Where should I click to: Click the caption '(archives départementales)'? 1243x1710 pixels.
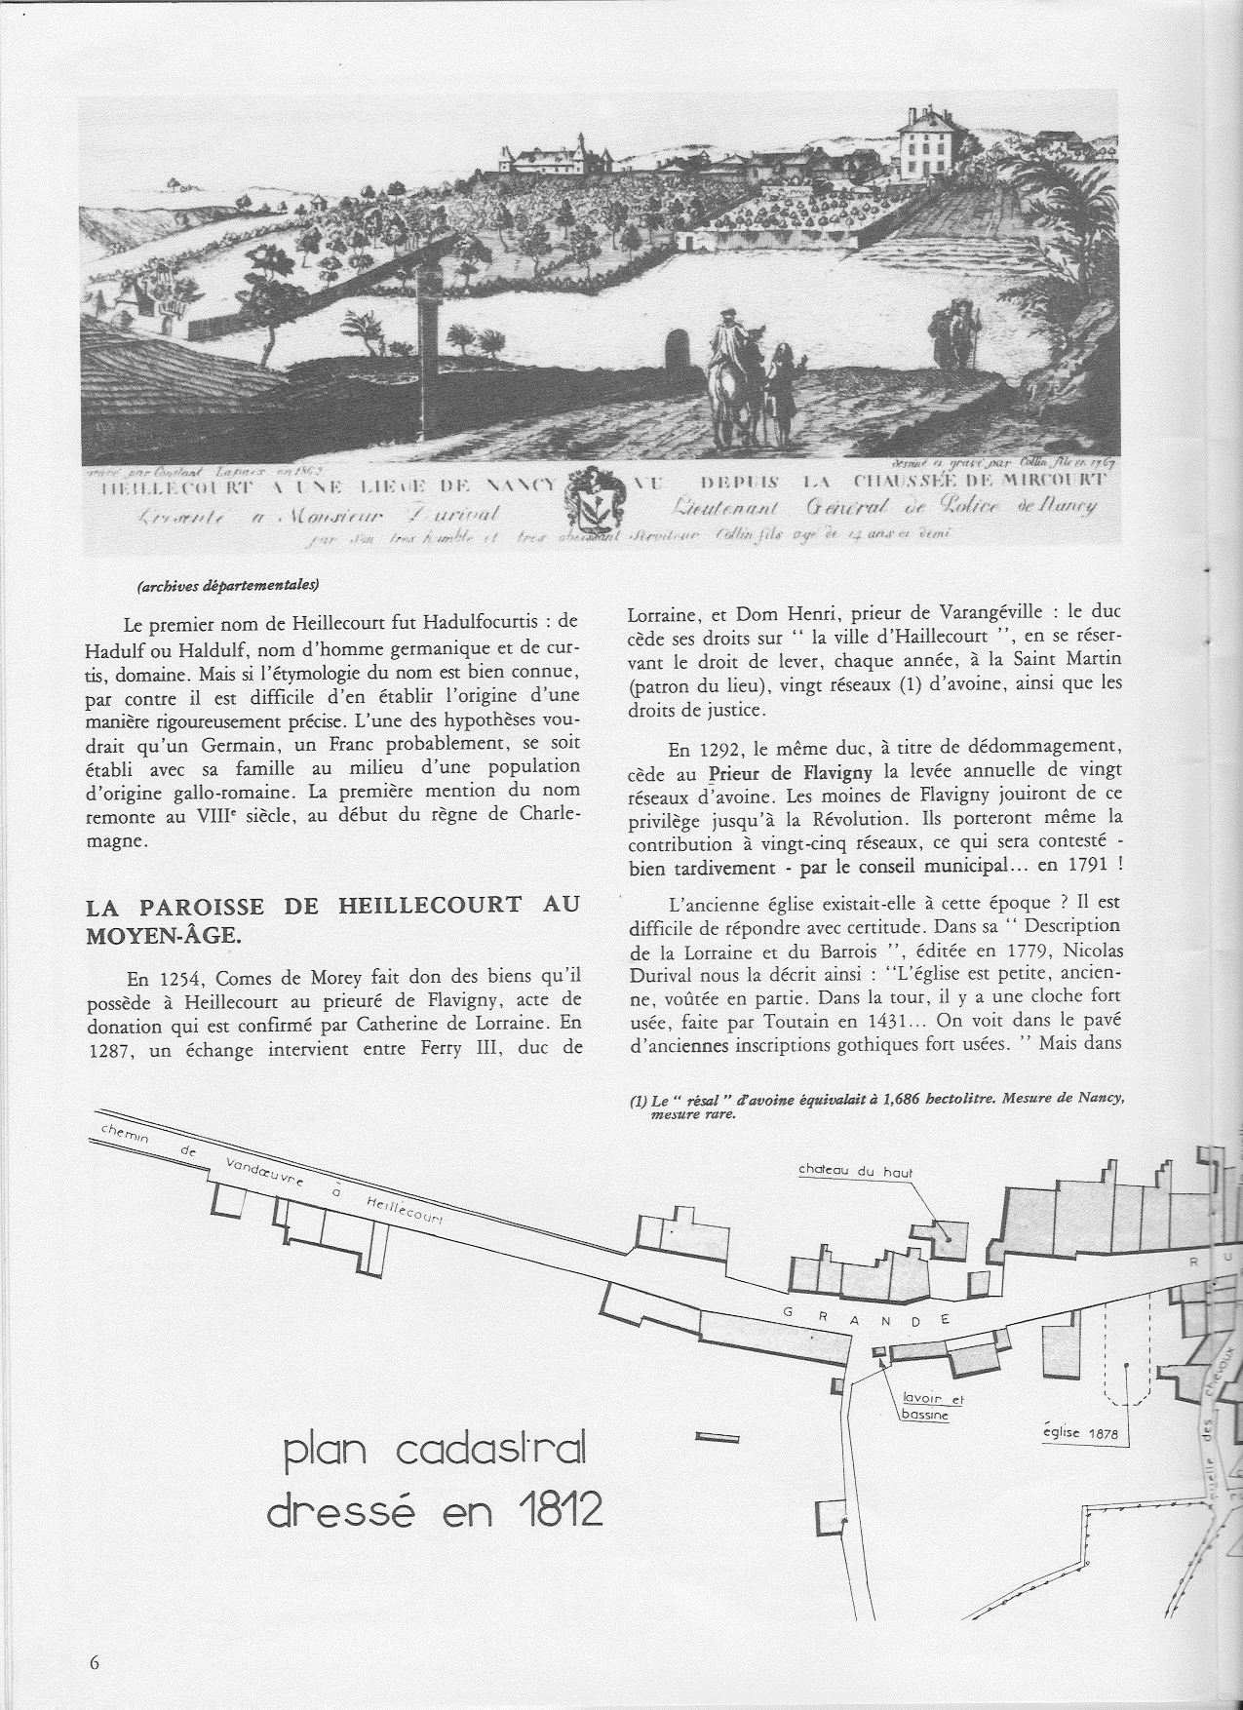pos(227,586)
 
